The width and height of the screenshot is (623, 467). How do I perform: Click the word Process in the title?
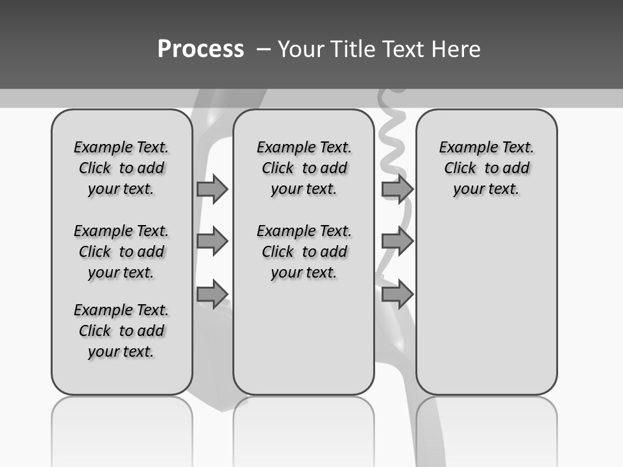[x=201, y=49]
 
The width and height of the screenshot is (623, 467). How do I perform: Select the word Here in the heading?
[x=455, y=49]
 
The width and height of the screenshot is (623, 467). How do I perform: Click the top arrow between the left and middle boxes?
[x=212, y=189]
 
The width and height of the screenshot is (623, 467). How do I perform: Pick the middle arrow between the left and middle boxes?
[x=212, y=241]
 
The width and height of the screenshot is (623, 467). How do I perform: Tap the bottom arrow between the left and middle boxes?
[x=212, y=294]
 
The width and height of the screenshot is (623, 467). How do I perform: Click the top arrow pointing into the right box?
[x=397, y=189]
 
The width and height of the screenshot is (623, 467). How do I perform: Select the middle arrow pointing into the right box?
[x=397, y=241]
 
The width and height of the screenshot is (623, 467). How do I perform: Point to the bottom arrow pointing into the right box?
[x=397, y=294]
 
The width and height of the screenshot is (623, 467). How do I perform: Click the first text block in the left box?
[x=121, y=168]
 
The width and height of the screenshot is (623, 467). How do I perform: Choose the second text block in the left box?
[x=121, y=252]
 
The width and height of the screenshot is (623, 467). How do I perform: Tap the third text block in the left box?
[x=121, y=331]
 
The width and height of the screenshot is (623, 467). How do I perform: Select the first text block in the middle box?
[x=304, y=168]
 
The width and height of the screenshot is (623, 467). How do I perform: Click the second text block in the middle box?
[x=304, y=252]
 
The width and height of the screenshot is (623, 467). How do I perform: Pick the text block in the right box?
[x=486, y=168]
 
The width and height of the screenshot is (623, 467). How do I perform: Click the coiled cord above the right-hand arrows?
[x=393, y=136]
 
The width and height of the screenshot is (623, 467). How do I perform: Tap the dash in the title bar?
[x=264, y=49]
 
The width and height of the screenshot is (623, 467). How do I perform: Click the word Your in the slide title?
[x=301, y=49]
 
